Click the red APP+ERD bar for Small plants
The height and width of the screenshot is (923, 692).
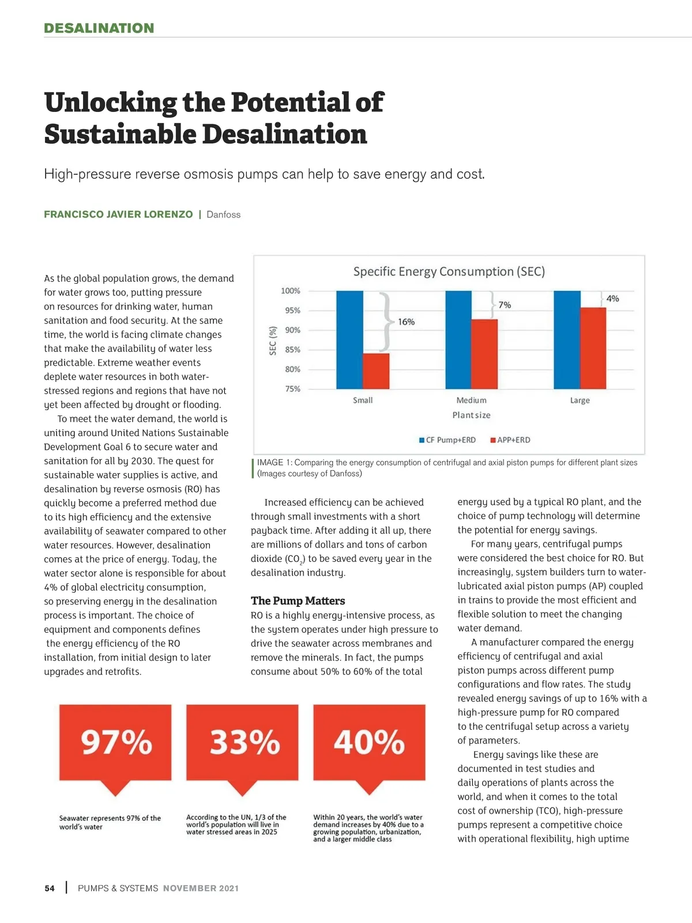[376, 371]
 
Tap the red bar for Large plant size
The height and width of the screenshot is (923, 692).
[593, 348]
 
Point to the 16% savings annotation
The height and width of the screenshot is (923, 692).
[406, 322]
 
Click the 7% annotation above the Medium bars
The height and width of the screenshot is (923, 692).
[505, 305]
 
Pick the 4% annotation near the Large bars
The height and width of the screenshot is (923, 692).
[612, 298]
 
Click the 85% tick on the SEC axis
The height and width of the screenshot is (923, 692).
[292, 350]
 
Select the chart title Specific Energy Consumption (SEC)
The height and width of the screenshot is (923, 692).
[449, 271]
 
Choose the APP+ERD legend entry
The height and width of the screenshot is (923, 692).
[510, 440]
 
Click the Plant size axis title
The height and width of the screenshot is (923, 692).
[471, 415]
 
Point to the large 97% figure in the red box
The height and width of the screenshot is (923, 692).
[116, 742]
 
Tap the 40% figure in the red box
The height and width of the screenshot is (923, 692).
[369, 742]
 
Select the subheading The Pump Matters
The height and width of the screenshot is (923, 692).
[298, 601]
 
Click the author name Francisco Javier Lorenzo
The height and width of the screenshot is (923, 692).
[118, 215]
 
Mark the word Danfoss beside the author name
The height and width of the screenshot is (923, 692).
[223, 215]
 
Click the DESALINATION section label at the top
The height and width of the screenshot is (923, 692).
[99, 28]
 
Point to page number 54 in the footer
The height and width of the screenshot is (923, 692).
[50, 888]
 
